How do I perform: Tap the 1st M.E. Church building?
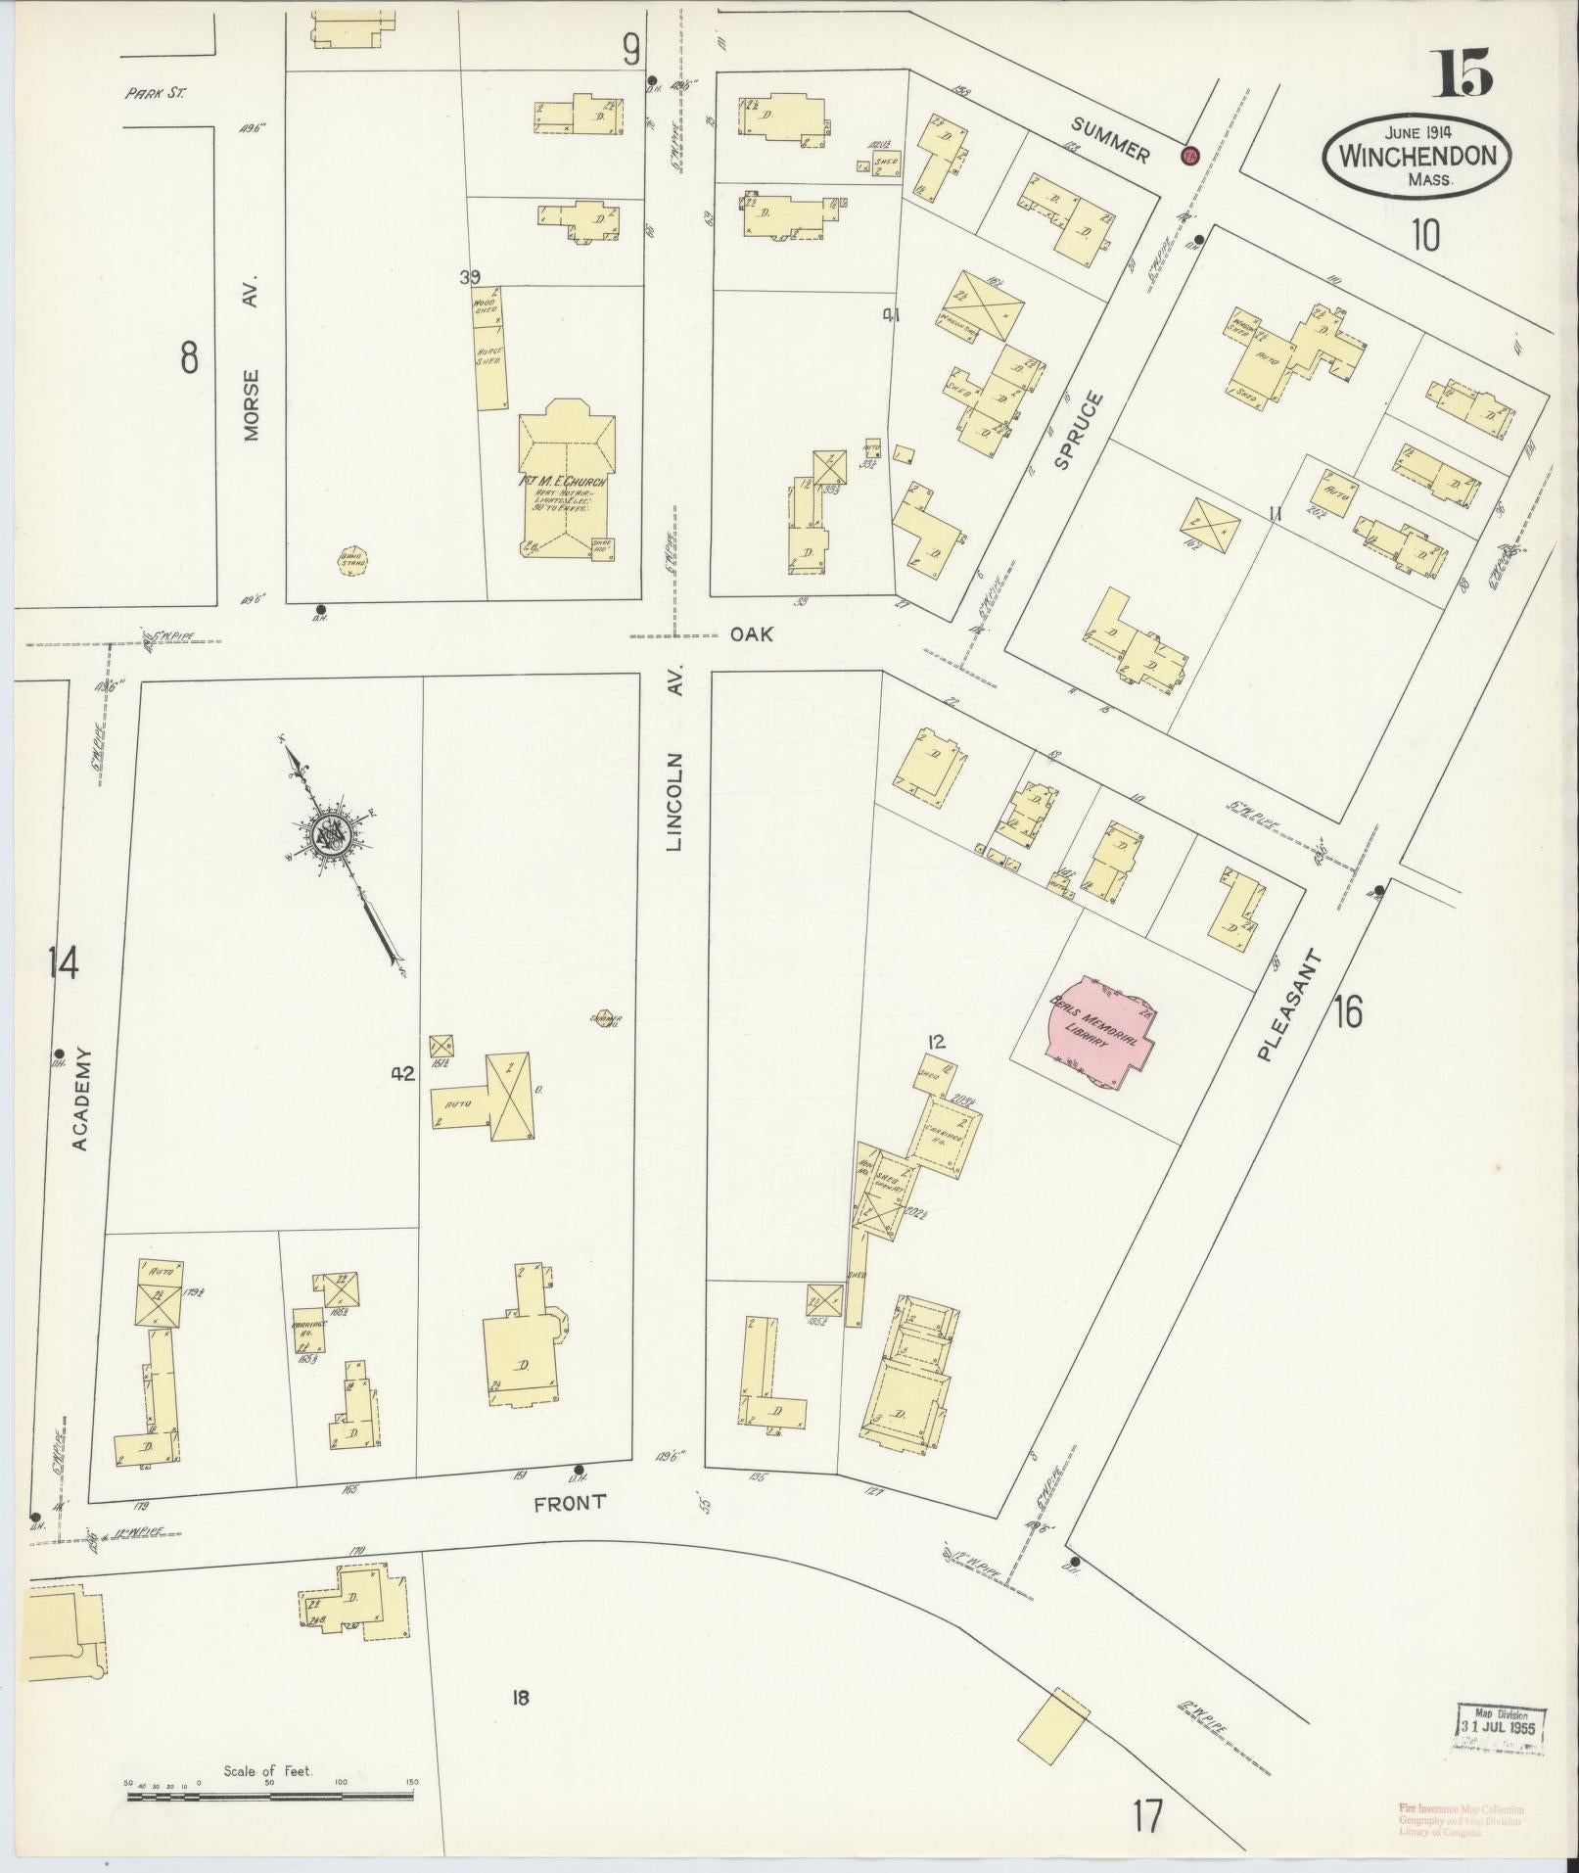[x=567, y=480]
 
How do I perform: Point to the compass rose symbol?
[x=330, y=834]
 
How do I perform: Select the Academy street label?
[x=81, y=1099]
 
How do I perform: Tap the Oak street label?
[x=751, y=634]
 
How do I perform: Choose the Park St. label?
[x=155, y=95]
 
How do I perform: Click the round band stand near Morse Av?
[x=351, y=560]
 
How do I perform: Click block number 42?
[x=402, y=1074]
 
